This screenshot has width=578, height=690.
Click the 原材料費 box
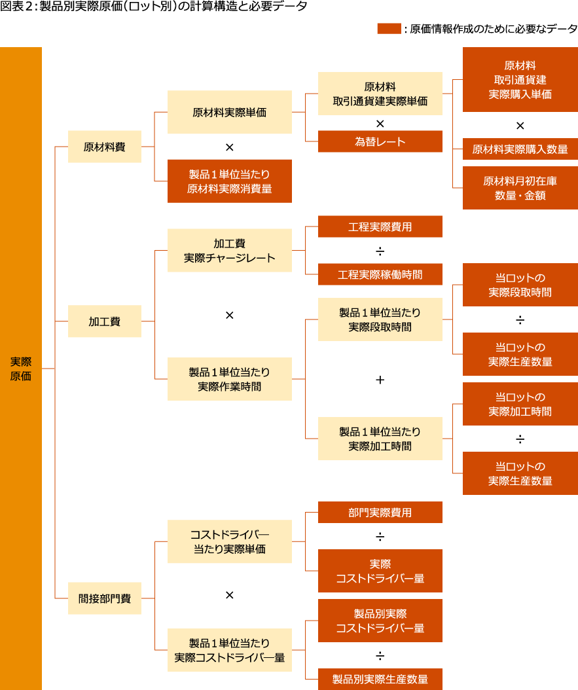(x=104, y=147)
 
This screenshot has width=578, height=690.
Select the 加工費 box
(x=104, y=321)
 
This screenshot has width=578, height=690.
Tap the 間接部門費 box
(x=104, y=598)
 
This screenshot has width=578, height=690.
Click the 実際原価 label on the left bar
(x=21, y=369)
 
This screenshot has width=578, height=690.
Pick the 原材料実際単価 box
(x=229, y=112)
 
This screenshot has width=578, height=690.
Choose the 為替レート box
(x=380, y=141)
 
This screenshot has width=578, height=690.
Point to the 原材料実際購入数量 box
(x=520, y=149)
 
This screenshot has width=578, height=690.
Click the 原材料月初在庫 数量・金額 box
(x=520, y=188)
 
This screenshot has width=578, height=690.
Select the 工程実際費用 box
(x=380, y=227)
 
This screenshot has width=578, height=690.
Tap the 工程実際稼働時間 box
(x=380, y=274)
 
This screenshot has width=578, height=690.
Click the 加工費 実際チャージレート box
(x=229, y=251)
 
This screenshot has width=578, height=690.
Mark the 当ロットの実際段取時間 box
(x=520, y=285)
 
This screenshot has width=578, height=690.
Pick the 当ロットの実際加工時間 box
(x=520, y=404)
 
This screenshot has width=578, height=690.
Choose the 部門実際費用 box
(x=380, y=513)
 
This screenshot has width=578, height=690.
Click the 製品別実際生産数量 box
(x=380, y=679)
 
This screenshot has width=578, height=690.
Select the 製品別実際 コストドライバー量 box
(x=380, y=621)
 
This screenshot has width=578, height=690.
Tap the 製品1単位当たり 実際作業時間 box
(x=229, y=379)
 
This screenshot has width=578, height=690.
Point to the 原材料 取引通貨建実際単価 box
(x=380, y=94)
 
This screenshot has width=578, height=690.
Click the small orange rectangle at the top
(x=389, y=28)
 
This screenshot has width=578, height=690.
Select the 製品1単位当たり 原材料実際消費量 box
(x=229, y=181)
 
